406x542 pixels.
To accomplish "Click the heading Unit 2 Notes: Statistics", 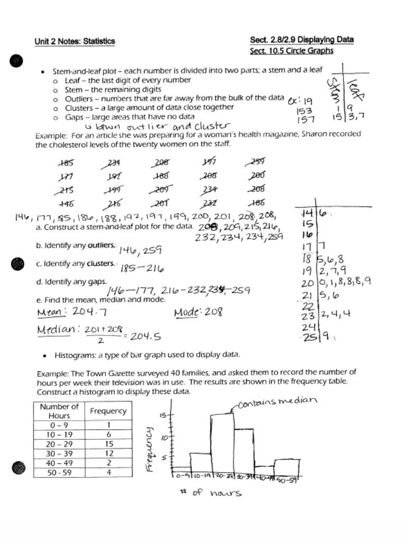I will (75, 41).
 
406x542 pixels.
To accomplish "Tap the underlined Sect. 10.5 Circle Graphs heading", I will (291, 51).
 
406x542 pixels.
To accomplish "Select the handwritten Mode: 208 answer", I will (198, 312).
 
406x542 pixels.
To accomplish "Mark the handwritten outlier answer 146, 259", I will (140, 250).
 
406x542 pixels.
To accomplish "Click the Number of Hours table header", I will (59, 411).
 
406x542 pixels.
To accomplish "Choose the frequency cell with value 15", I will (108, 444).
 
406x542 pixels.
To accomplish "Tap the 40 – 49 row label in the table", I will (59, 463).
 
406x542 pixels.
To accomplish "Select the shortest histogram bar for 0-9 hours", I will (181, 472).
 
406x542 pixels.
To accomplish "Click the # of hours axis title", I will (210, 493).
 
